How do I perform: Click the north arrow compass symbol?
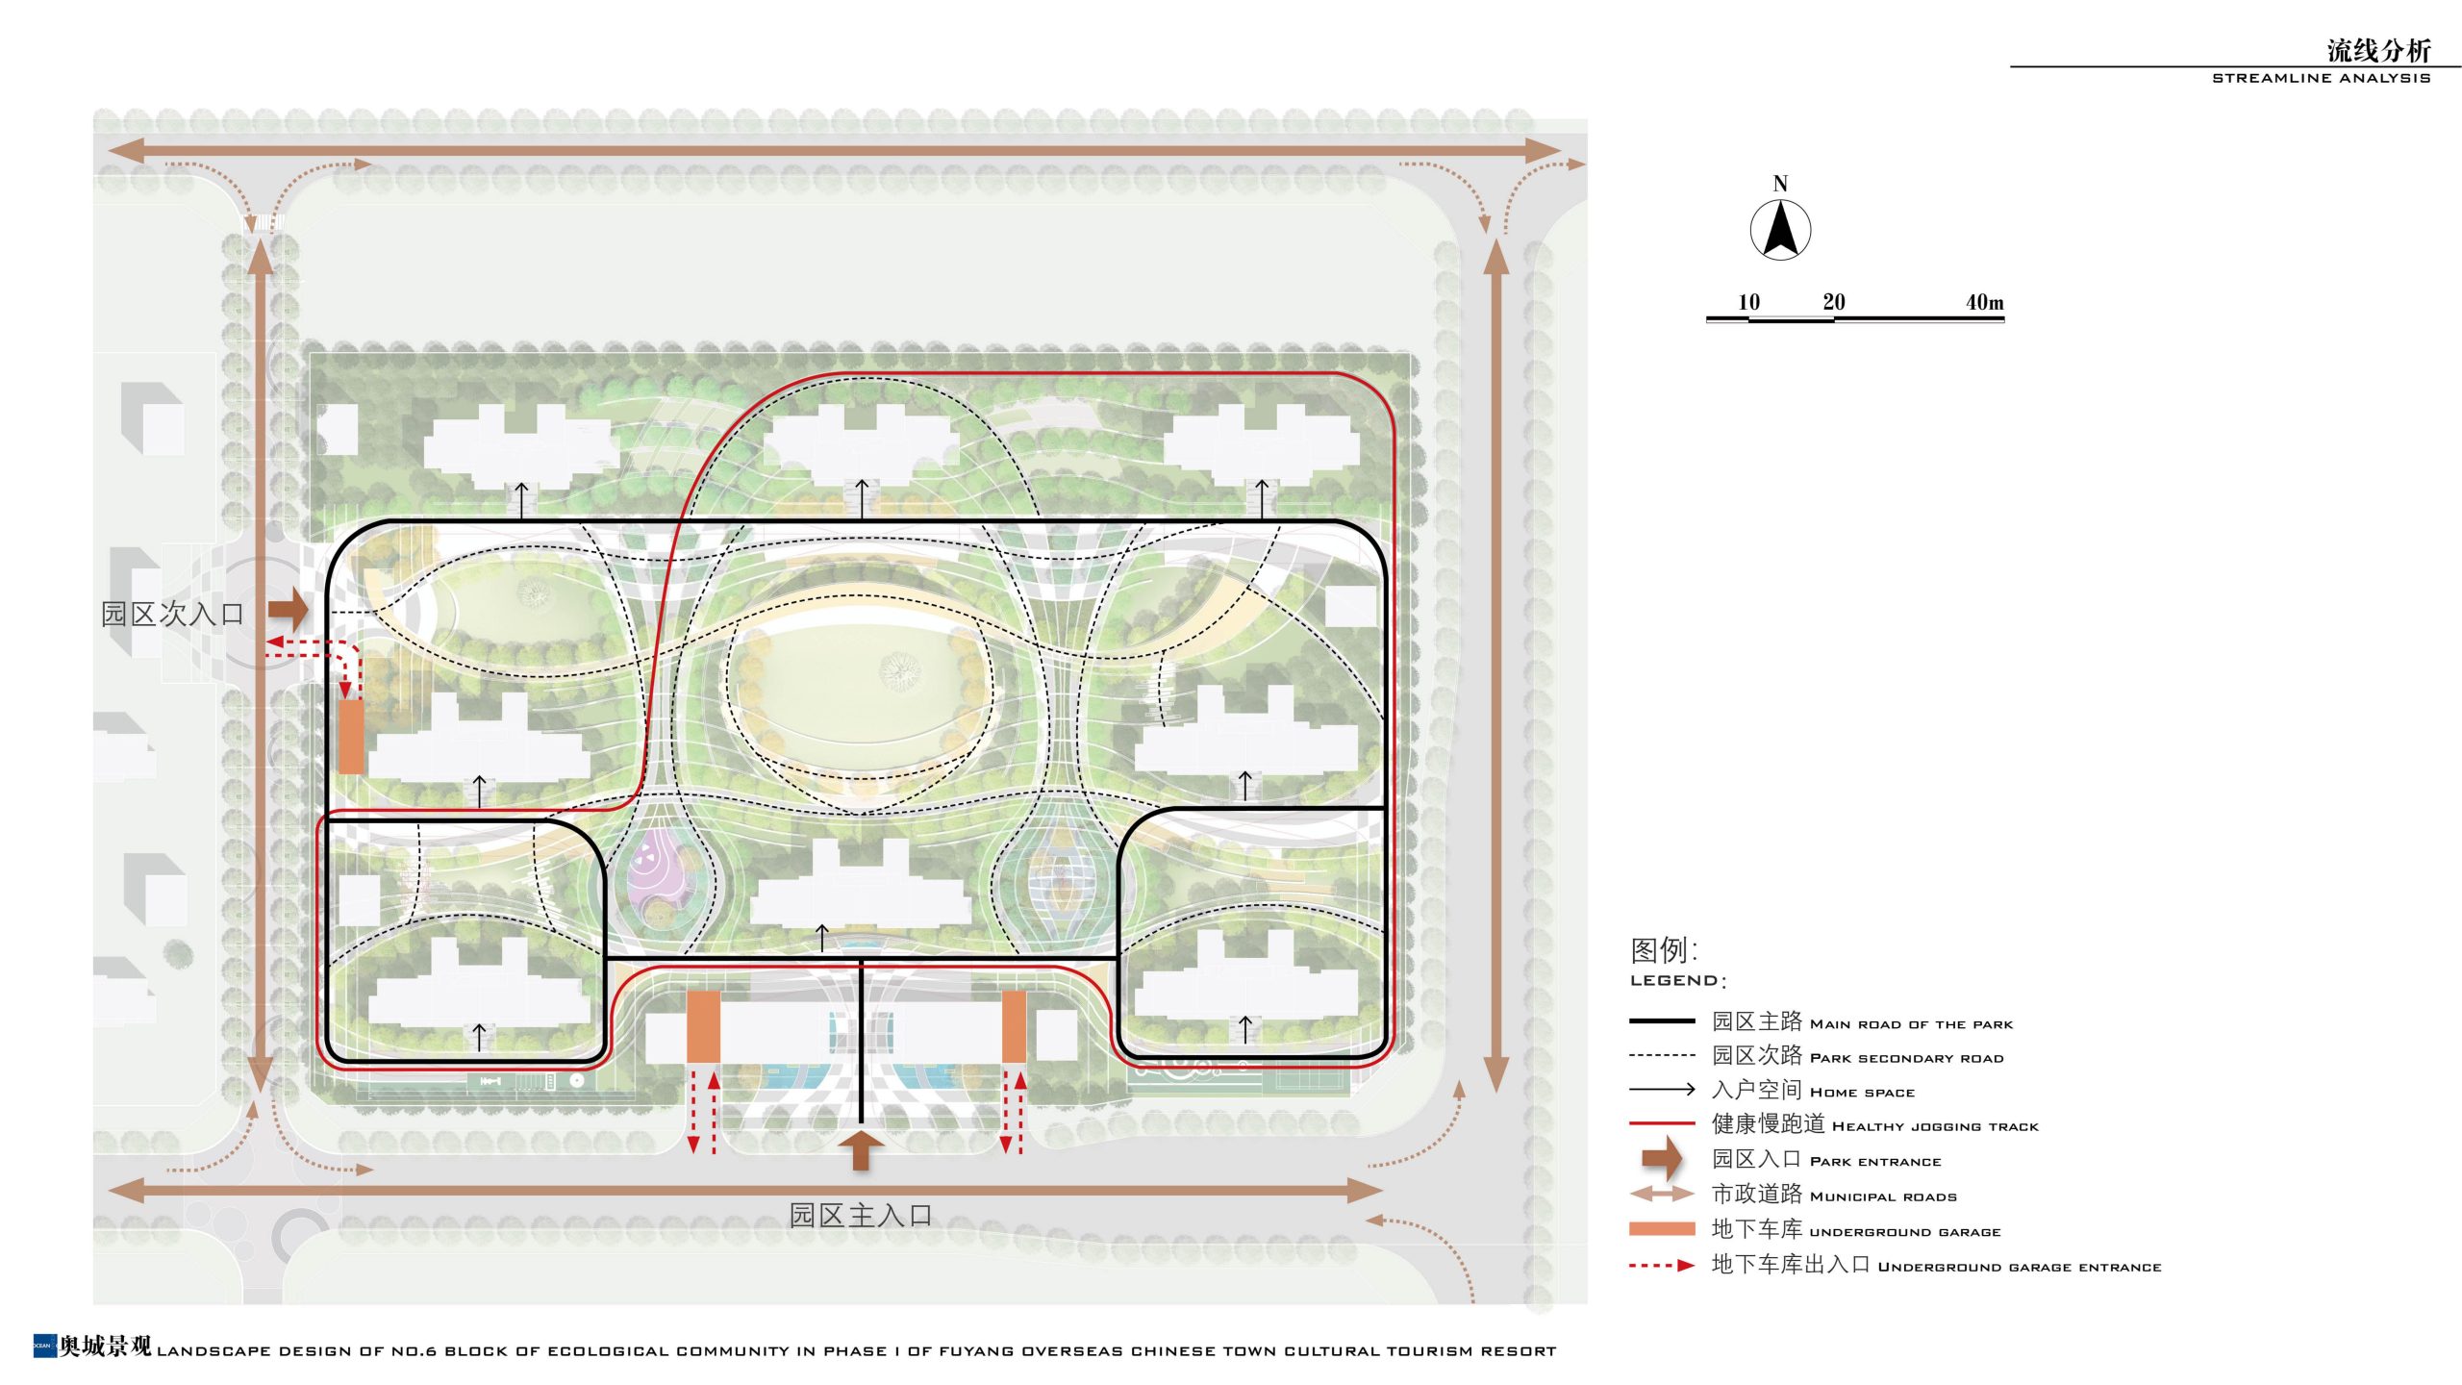click(x=1780, y=230)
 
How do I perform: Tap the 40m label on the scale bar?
click(x=1984, y=302)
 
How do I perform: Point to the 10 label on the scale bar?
click(x=1748, y=302)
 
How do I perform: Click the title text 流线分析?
click(x=2378, y=50)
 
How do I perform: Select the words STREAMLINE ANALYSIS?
click(x=2321, y=78)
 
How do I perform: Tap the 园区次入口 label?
click(x=172, y=614)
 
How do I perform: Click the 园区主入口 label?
click(x=861, y=1215)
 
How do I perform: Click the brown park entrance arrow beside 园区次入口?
click(x=288, y=608)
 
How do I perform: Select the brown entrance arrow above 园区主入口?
click(x=862, y=1150)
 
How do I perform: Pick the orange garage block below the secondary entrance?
click(x=351, y=736)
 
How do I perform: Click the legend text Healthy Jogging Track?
click(x=1935, y=1126)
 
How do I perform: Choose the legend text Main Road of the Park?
click(x=1911, y=1024)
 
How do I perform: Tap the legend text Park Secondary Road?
click(x=1906, y=1058)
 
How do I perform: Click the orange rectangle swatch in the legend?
click(x=1662, y=1228)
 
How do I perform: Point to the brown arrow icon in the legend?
click(x=1662, y=1159)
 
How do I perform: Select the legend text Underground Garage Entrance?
click(x=2020, y=1267)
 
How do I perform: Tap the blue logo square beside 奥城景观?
click(x=44, y=1346)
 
